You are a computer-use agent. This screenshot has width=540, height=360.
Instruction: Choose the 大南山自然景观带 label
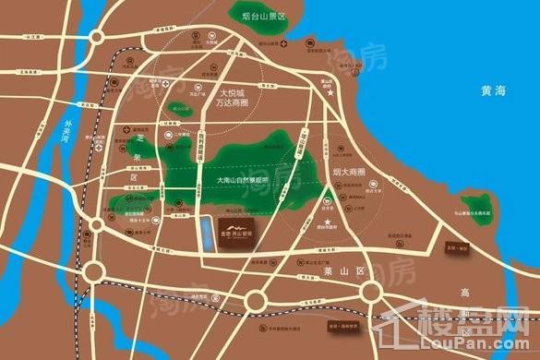(x=242, y=179)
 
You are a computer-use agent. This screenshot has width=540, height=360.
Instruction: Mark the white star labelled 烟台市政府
(x=328, y=213)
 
